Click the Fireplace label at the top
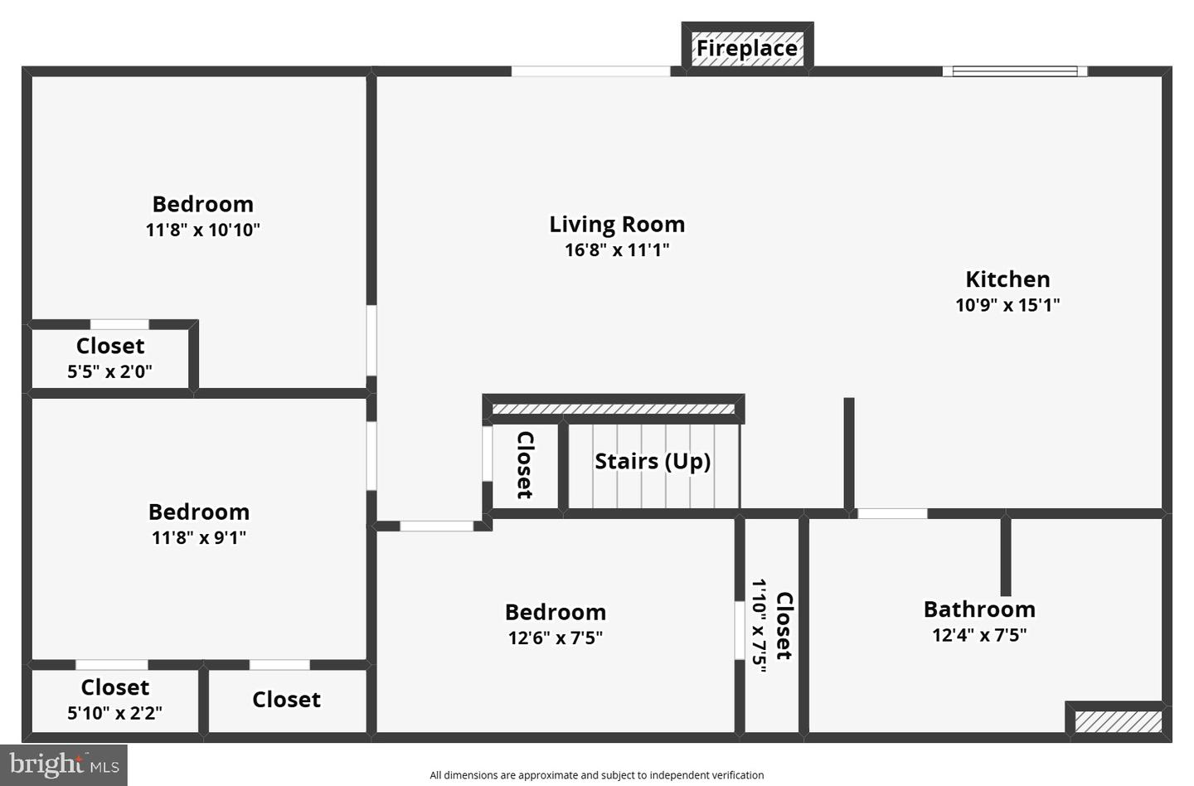[x=746, y=48]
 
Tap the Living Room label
[x=617, y=224]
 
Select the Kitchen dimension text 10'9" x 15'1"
[x=1007, y=305]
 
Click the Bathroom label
[x=979, y=609]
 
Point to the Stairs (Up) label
[x=653, y=461]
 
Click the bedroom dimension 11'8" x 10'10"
[x=203, y=230]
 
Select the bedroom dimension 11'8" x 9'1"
[x=199, y=537]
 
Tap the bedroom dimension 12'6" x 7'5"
[x=556, y=638]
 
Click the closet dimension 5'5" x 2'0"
[x=109, y=371]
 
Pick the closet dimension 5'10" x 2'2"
[x=114, y=712]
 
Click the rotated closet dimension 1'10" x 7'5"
[x=759, y=622]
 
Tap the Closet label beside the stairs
[x=525, y=465]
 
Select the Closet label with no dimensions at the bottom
[x=286, y=700]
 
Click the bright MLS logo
[x=64, y=764]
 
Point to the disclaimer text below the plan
[x=596, y=775]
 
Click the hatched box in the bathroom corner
[x=1118, y=721]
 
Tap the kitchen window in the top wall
[x=1015, y=71]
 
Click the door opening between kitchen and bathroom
[x=892, y=514]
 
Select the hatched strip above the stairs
[x=613, y=409]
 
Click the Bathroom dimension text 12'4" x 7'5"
[x=979, y=635]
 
